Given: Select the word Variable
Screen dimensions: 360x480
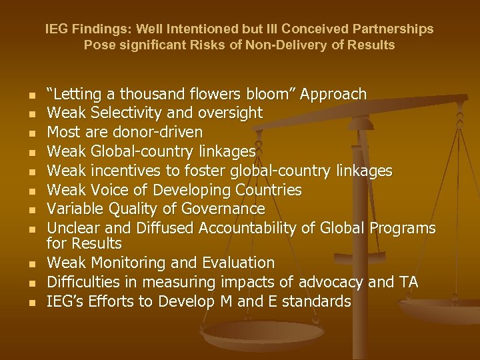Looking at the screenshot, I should (x=71, y=209).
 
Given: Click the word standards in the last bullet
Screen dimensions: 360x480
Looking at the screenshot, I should (x=317, y=301).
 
